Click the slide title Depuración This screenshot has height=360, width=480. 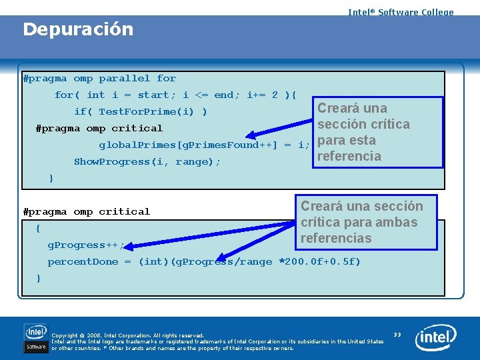[x=78, y=29]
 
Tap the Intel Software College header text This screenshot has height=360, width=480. [x=400, y=12]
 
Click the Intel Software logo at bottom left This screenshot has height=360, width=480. [x=36, y=338]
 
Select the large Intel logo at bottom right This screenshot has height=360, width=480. [x=436, y=338]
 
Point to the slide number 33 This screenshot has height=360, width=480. [x=397, y=334]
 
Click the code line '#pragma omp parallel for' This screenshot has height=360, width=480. [x=99, y=79]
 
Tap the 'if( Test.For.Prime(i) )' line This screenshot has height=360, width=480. [x=140, y=112]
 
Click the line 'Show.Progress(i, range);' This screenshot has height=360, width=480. [x=147, y=162]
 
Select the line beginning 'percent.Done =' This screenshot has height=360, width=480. [x=203, y=262]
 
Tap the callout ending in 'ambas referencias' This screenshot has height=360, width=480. [x=363, y=222]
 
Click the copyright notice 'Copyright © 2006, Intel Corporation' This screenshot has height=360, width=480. [x=127, y=335]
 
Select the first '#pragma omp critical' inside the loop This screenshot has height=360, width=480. [x=99, y=129]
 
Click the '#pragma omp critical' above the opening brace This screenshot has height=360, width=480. [x=86, y=212]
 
